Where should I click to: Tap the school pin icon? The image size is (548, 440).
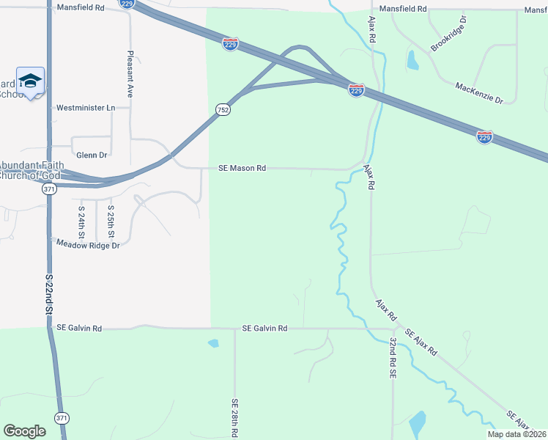pos(30,81)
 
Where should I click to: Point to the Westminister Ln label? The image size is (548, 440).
pos(86,108)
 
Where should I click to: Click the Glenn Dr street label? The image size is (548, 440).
pos(92,155)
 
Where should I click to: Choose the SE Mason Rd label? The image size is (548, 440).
pos(242,168)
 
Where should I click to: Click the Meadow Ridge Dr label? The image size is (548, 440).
pos(88,246)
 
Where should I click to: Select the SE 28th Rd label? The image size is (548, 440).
pos(234,418)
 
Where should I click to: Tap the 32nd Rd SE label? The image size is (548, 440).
pos(393,358)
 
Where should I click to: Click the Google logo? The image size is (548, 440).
pos(24,431)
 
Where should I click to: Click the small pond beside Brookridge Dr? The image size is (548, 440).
pos(412,59)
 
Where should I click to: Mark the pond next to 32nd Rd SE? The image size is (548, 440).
pos(417,424)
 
